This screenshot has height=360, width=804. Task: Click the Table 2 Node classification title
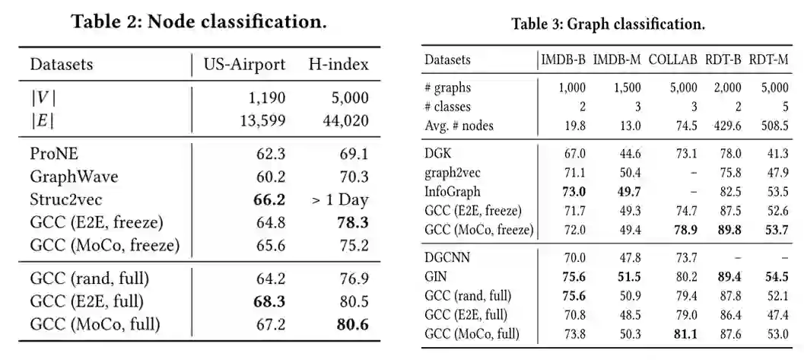tap(199, 21)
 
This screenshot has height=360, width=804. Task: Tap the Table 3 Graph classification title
tap(608, 24)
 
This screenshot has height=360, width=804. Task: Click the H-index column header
tap(338, 64)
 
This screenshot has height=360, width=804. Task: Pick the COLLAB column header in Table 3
tap(672, 59)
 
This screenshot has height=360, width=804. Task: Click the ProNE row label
tap(55, 155)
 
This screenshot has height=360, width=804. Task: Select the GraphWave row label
tap(75, 177)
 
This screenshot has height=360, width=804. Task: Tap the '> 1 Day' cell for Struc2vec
tap(339, 201)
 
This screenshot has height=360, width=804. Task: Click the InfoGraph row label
tap(452, 191)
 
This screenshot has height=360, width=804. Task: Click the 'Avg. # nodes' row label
tap(459, 126)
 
